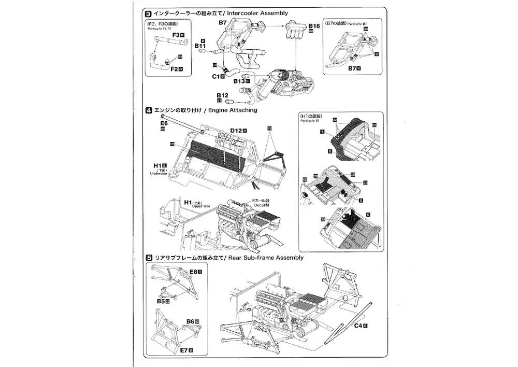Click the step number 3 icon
148,13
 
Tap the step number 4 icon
148,110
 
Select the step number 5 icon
148,258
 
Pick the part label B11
200,46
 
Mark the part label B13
239,81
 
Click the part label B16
314,25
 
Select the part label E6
164,123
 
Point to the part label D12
236,130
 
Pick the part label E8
195,271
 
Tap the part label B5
161,301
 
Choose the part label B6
191,322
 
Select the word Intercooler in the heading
228,13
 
